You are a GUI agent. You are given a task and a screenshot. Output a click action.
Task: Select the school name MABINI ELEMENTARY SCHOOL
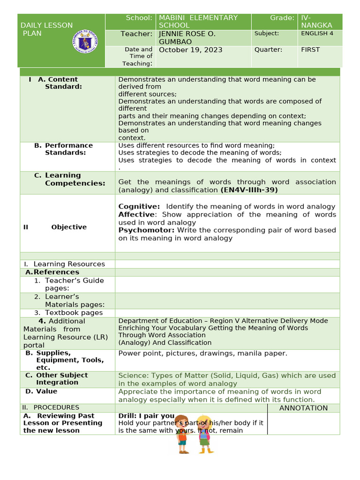(x=198, y=22)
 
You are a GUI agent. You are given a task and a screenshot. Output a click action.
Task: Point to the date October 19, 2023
(x=191, y=50)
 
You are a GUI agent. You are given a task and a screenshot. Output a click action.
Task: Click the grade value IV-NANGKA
(x=316, y=22)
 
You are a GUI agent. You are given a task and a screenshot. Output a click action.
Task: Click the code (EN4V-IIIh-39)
(x=249, y=190)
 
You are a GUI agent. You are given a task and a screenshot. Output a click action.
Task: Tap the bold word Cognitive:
(x=139, y=207)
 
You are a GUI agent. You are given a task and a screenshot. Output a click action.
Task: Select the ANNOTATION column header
(x=303, y=408)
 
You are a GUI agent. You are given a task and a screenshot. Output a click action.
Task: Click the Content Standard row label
(x=63, y=83)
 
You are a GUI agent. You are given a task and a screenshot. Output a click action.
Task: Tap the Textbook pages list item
(x=74, y=313)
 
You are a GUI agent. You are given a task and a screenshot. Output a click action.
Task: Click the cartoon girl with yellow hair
(x=204, y=434)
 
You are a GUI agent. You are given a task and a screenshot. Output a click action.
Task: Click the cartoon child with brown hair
(x=182, y=434)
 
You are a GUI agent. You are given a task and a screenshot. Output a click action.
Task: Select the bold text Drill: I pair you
(x=146, y=416)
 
